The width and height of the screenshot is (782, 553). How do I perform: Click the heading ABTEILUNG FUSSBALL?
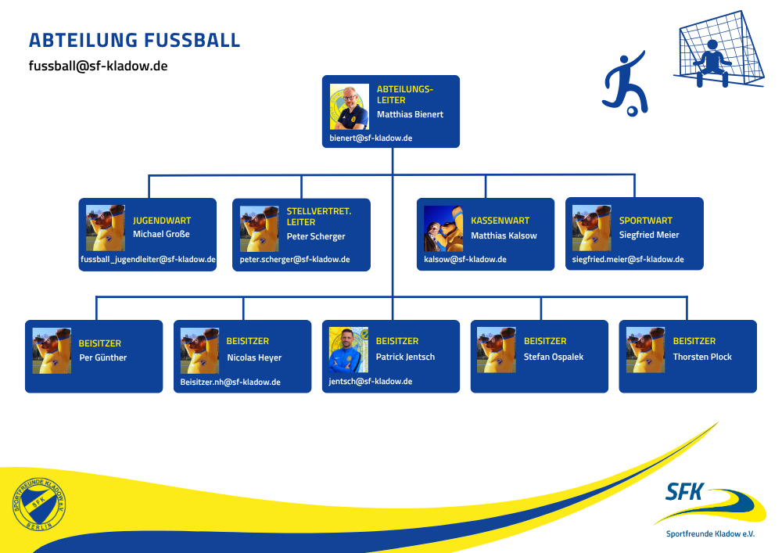pyautogui.click(x=135, y=41)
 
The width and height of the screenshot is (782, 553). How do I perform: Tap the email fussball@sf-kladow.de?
pyautogui.click(x=99, y=66)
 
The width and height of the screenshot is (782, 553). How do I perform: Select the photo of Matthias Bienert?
pyautogui.click(x=349, y=107)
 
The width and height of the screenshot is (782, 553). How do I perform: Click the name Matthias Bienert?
pyautogui.click(x=410, y=114)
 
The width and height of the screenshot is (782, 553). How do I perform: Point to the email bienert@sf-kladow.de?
pyautogui.click(x=371, y=138)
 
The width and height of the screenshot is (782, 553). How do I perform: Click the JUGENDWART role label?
pyautogui.click(x=162, y=221)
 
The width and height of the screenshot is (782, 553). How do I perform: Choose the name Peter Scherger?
pyautogui.click(x=315, y=236)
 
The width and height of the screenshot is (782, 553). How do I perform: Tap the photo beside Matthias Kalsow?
pyautogui.click(x=443, y=228)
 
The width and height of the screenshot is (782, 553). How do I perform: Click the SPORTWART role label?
pyautogui.click(x=645, y=221)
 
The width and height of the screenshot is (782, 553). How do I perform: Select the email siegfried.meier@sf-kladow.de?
pyautogui.click(x=628, y=260)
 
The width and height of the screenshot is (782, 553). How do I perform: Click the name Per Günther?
pyautogui.click(x=102, y=357)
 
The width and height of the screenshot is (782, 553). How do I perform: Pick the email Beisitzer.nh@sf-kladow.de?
pyautogui.click(x=230, y=382)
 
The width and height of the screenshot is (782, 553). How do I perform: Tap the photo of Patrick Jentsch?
pyautogui.click(x=349, y=350)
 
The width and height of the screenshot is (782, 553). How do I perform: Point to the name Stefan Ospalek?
pyautogui.click(x=554, y=357)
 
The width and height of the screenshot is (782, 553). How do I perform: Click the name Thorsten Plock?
pyautogui.click(x=702, y=357)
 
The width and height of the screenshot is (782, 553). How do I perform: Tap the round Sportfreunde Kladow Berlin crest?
pyautogui.click(x=39, y=505)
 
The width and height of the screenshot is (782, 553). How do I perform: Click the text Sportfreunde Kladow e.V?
pyautogui.click(x=710, y=534)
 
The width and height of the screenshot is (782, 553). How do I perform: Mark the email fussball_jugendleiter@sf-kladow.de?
pyautogui.click(x=149, y=260)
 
